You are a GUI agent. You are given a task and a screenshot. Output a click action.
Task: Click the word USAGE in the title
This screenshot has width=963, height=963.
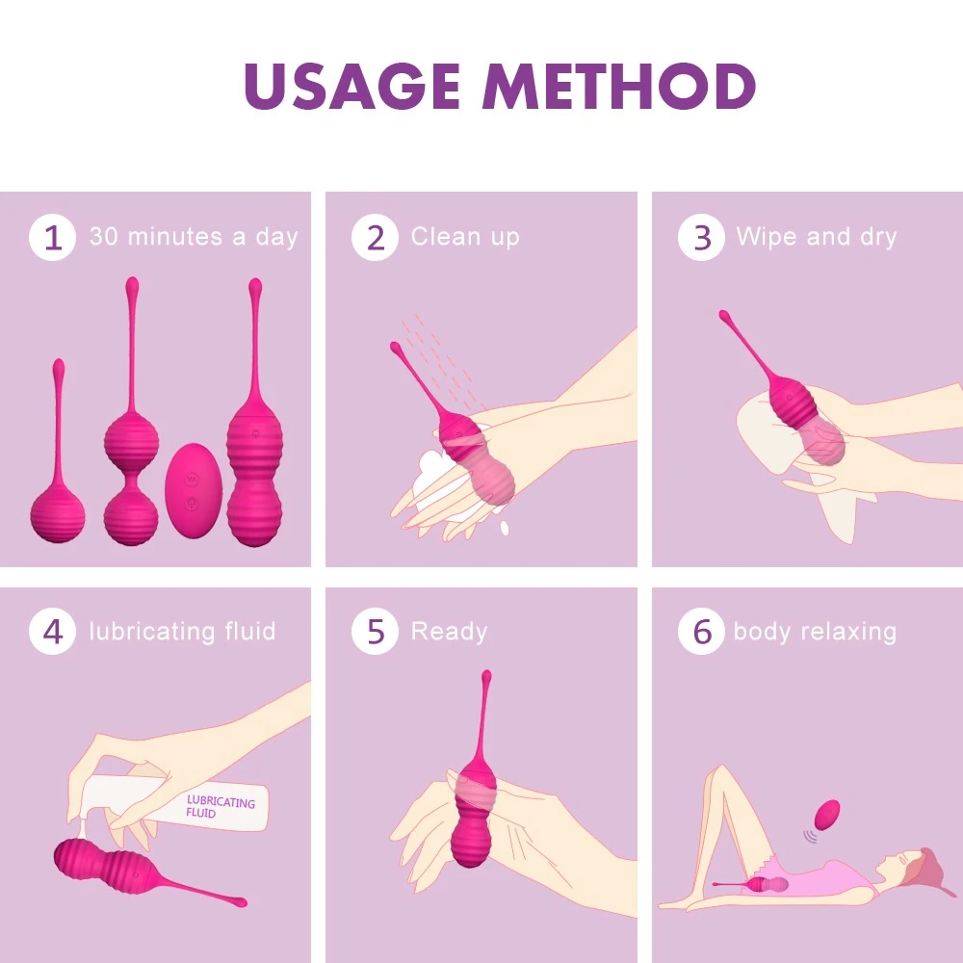click(351, 86)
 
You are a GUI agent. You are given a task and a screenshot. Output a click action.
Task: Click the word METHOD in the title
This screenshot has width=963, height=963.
click(619, 86)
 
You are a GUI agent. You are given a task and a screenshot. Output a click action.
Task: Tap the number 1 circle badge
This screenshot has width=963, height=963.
click(52, 237)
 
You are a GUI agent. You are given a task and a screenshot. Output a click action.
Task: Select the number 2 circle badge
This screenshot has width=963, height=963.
click(376, 237)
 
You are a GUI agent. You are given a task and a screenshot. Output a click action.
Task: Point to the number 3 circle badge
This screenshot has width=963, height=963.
click(701, 237)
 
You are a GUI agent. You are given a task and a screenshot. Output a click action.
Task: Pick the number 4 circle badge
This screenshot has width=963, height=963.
click(52, 632)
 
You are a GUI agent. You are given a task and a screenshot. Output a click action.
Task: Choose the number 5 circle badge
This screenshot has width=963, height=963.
click(376, 632)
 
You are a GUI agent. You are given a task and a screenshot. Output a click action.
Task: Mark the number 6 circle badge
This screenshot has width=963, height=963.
click(701, 632)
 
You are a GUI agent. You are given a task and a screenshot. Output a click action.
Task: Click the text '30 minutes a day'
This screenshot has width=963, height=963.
click(194, 237)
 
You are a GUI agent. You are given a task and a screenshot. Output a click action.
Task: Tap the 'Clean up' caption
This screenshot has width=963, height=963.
click(465, 237)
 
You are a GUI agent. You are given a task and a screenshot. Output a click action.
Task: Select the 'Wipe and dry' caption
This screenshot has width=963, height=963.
click(817, 237)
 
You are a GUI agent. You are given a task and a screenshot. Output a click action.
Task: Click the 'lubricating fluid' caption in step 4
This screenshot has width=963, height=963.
click(182, 632)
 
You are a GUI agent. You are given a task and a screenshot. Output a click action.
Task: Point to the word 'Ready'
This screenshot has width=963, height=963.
click(450, 632)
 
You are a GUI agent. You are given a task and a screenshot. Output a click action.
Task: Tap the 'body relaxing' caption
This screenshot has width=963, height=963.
click(816, 632)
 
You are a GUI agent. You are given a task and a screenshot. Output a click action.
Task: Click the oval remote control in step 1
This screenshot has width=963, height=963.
click(194, 491)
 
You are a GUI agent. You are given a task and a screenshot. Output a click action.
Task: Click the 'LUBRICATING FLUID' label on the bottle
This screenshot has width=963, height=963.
click(220, 807)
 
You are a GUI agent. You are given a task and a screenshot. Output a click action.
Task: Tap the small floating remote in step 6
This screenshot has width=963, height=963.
click(826, 815)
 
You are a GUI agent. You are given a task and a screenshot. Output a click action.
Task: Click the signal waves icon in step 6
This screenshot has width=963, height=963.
click(811, 836)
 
